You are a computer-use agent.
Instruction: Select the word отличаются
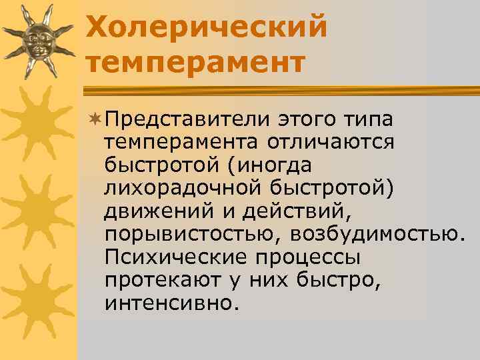click(332, 142)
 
